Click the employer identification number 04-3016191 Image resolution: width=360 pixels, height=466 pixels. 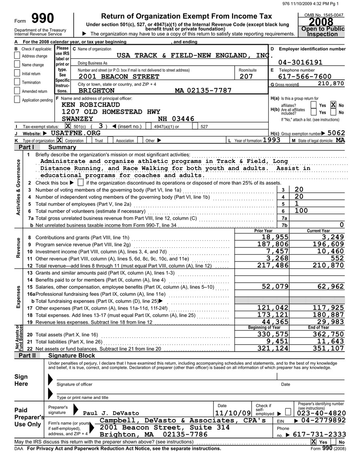click(300, 62)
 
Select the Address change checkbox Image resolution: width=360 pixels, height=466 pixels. click(17, 56)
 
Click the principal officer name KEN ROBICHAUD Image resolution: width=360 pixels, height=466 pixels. click(91, 104)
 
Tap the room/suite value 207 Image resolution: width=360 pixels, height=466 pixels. click(246, 76)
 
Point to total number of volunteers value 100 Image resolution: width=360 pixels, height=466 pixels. click(301, 211)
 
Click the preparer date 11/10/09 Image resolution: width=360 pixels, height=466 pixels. click(233, 413)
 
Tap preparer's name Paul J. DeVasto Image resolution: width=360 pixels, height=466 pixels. click(111, 413)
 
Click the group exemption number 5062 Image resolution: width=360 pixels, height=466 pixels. click(336, 133)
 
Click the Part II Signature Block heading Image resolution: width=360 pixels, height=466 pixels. click(71, 355)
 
